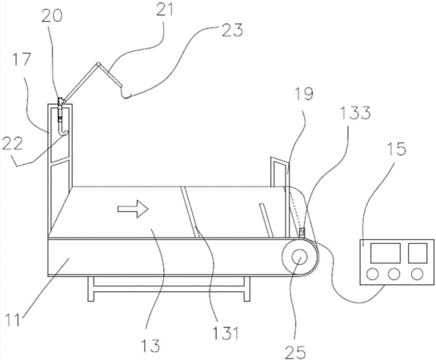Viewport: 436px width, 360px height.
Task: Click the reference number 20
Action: coord(52,17)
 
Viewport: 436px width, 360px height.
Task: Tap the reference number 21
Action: coord(165,10)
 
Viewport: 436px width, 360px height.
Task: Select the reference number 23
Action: coord(232,30)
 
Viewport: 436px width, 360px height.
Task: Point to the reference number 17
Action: coord(21,59)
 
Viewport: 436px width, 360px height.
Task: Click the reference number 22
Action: coord(13,144)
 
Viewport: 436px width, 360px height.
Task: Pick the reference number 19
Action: coord(304,94)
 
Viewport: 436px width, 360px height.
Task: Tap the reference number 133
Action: coord(355,113)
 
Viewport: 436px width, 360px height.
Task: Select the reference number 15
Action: coord(397,149)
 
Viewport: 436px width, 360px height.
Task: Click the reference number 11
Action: coord(13,320)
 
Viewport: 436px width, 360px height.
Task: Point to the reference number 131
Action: coord(226,333)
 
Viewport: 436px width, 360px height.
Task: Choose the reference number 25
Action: coord(295,352)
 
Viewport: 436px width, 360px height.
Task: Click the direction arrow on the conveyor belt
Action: coord(133,209)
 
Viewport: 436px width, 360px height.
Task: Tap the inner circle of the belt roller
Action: coord(299,258)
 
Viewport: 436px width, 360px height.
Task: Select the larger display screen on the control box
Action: coord(386,253)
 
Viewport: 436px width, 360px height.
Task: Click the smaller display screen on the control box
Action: coord(418,253)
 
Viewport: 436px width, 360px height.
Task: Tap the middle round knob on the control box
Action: coord(394,274)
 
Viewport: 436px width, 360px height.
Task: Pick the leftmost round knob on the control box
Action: coord(373,274)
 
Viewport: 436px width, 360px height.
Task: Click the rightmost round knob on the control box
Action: coord(417,274)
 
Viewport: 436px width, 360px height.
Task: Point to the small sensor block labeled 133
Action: coord(302,232)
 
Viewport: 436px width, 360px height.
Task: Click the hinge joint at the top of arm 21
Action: coord(98,64)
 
